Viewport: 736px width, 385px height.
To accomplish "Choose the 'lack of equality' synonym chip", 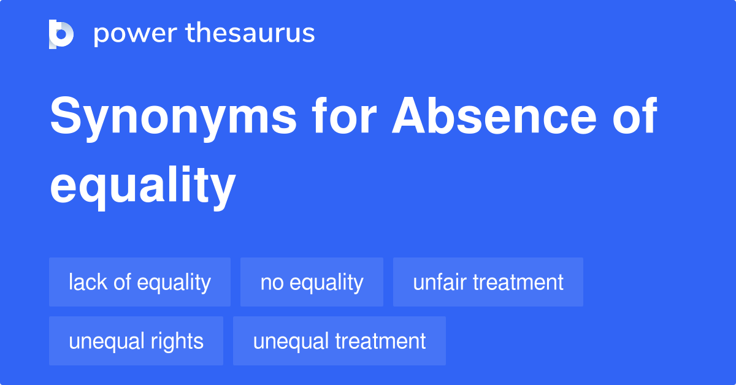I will click(x=140, y=282).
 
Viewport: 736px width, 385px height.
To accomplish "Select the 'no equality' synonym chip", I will click(x=312, y=282).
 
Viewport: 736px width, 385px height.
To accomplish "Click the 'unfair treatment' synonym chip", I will click(x=488, y=282).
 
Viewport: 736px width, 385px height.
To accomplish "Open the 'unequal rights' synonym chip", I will click(x=136, y=341).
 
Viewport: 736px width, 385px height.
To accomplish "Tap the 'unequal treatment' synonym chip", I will click(x=339, y=341).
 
